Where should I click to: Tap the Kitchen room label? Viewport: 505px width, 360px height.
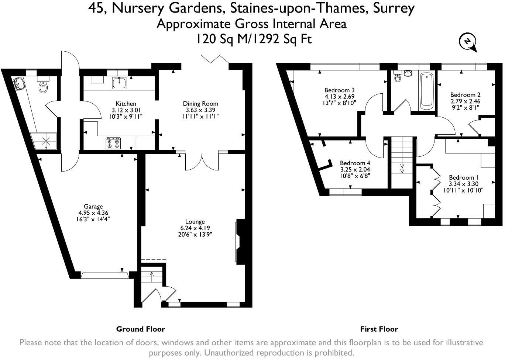click(126, 104)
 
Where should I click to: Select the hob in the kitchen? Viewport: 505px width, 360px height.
click(113, 143)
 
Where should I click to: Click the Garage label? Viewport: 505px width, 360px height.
click(93, 207)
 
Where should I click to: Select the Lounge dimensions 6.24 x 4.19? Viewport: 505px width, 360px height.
click(195, 228)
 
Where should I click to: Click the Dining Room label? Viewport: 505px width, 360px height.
click(200, 104)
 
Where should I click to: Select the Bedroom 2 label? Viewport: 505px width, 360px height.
click(465, 95)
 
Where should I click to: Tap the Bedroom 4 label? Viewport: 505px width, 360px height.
click(355, 163)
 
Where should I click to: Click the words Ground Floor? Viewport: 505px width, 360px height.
click(140, 329)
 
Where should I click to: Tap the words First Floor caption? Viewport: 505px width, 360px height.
click(379, 329)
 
